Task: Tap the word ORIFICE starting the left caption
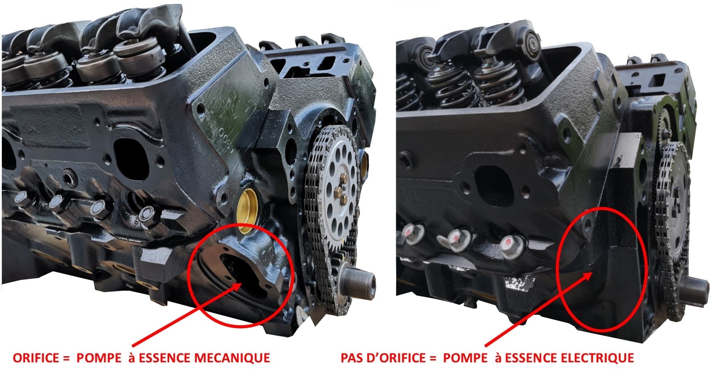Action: click(36, 358)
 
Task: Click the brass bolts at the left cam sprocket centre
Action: click(341, 189)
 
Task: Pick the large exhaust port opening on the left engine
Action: click(131, 159)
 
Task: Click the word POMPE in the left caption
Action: click(99, 358)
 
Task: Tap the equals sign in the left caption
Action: click(66, 358)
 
